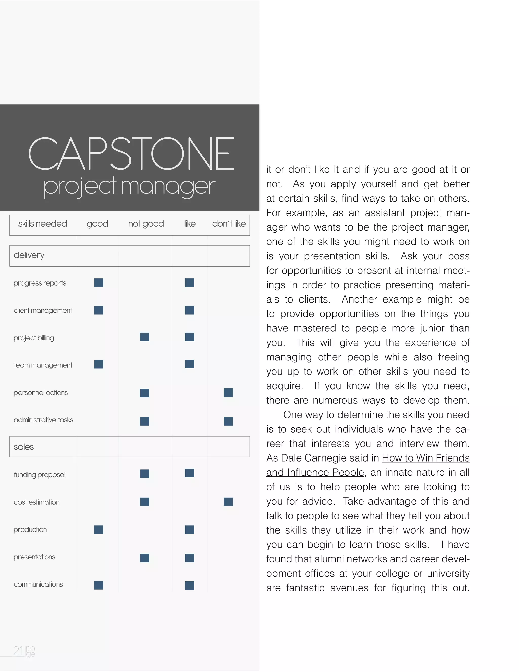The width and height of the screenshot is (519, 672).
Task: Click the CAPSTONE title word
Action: click(x=131, y=154)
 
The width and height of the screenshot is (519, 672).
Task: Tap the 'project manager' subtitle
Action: click(x=129, y=186)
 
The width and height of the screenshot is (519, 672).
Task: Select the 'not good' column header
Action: click(x=146, y=224)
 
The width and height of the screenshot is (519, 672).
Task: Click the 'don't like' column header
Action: click(x=229, y=224)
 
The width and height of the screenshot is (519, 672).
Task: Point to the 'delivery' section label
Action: click(x=29, y=255)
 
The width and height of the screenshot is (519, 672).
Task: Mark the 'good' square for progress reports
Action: click(x=99, y=283)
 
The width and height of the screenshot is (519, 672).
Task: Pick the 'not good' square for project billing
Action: click(x=144, y=337)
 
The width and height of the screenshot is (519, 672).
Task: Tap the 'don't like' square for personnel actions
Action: click(x=228, y=393)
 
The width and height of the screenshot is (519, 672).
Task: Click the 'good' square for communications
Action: click(x=99, y=585)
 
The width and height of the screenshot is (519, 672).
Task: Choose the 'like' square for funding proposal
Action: click(x=189, y=473)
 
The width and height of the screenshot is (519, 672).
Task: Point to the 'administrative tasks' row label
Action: click(x=43, y=420)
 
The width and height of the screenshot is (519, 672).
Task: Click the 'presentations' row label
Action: click(x=34, y=557)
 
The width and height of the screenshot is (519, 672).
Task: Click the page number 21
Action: click(x=18, y=651)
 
